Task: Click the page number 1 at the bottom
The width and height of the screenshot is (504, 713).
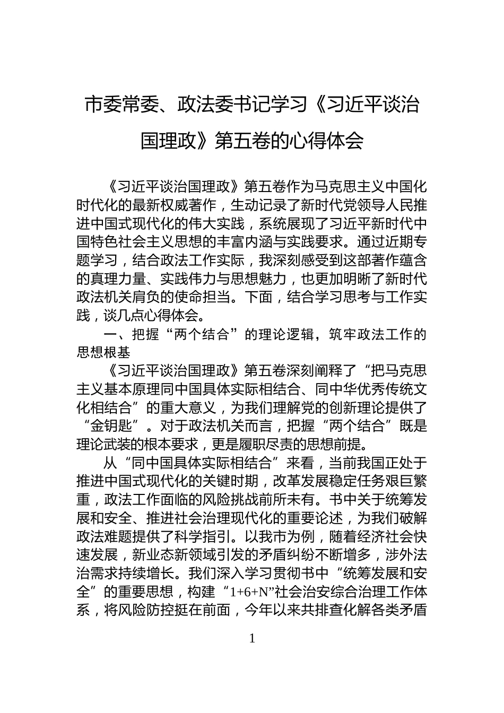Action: point(252,638)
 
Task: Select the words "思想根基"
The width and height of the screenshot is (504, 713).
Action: point(103,353)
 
